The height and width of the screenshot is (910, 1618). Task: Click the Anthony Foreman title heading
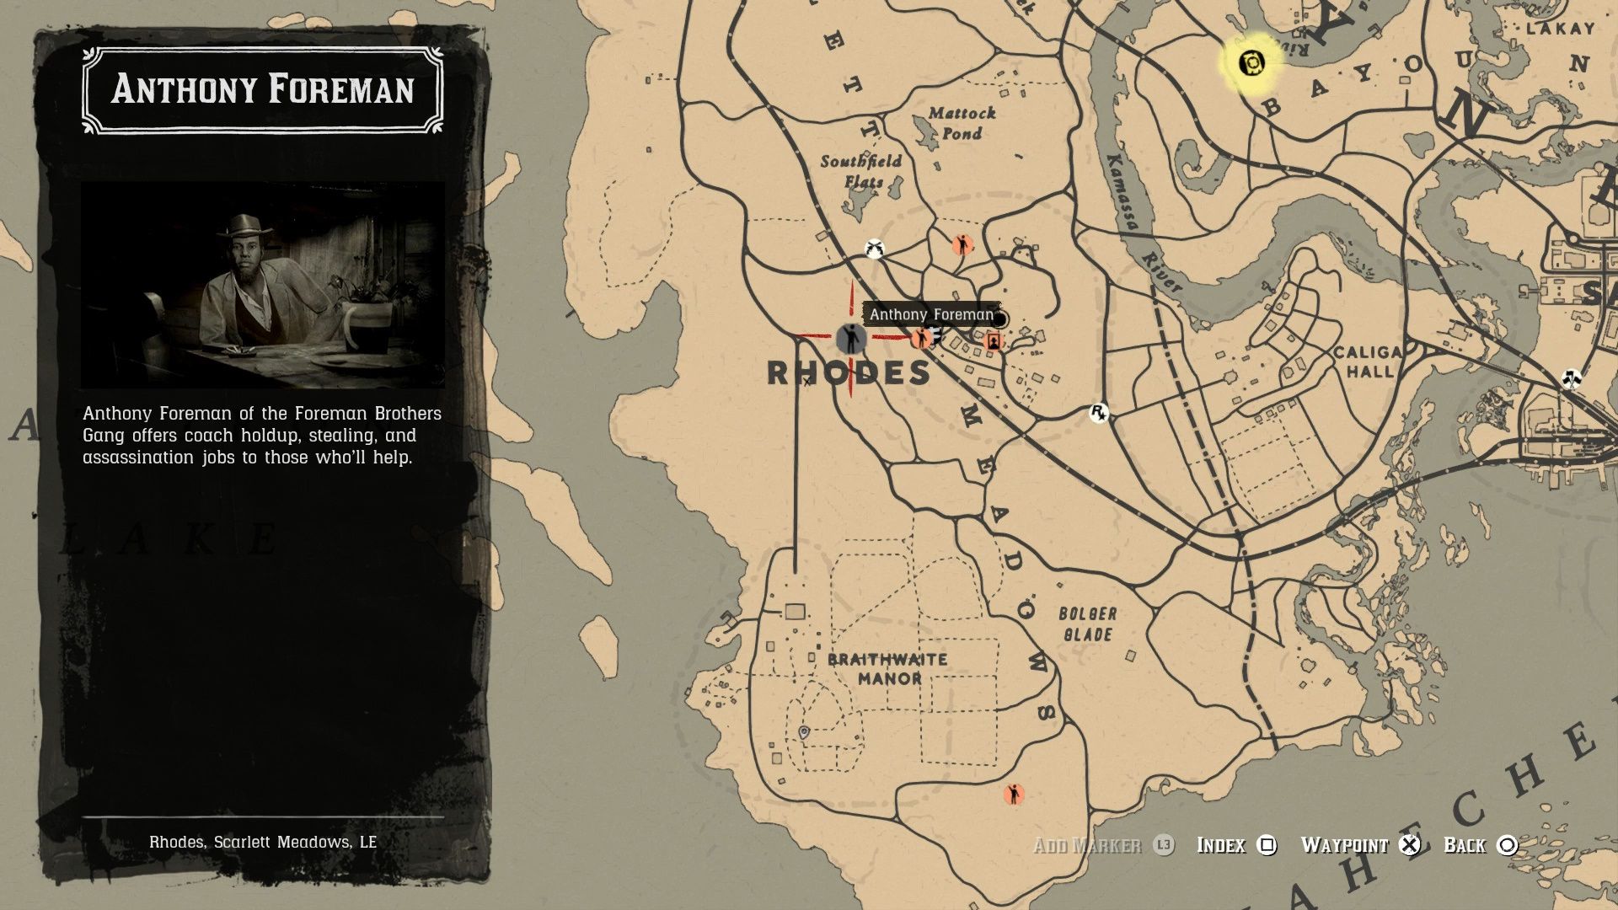(263, 89)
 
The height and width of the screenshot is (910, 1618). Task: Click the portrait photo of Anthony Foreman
(263, 285)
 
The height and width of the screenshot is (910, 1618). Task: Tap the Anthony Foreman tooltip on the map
(931, 314)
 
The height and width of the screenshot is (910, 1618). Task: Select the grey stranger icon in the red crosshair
(851, 339)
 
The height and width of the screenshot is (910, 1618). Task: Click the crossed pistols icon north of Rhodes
(875, 249)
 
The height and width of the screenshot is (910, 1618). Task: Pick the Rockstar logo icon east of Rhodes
(1098, 413)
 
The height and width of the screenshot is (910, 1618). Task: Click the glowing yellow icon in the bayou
(1251, 62)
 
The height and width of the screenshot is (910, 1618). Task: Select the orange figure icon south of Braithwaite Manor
(1014, 794)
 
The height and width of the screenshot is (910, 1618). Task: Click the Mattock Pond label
(962, 123)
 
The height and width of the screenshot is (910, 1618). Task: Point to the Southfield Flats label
(861, 171)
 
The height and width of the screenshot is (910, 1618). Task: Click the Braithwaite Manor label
(888, 669)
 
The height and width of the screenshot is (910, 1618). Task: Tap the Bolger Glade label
(1088, 624)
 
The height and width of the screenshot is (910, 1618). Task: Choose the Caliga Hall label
(1368, 361)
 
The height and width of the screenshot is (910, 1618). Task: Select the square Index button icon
(1267, 845)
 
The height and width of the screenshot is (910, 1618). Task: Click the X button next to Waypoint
(1410, 845)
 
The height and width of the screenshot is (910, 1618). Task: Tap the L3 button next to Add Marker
(1164, 845)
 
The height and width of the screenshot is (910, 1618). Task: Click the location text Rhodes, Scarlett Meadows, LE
(263, 842)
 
